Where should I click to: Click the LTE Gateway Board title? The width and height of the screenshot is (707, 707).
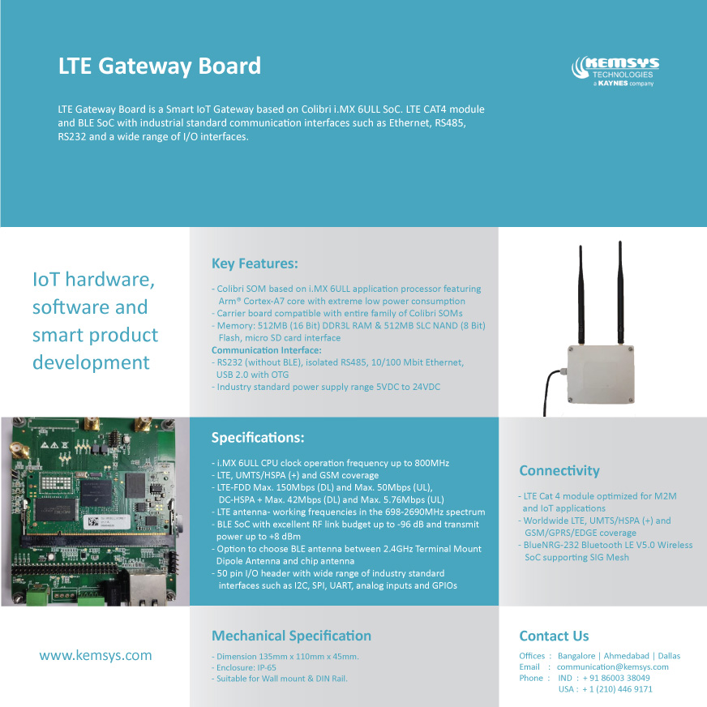(x=160, y=66)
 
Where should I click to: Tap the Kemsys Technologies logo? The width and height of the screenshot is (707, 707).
(x=615, y=71)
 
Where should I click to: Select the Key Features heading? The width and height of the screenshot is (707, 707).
(x=255, y=264)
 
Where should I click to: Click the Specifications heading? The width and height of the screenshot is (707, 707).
(x=258, y=438)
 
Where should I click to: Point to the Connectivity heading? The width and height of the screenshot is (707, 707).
(x=559, y=471)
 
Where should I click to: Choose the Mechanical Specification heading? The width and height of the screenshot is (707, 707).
(x=291, y=636)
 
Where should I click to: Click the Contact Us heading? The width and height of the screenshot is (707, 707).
(x=554, y=636)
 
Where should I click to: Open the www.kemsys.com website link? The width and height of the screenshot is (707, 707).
(x=96, y=655)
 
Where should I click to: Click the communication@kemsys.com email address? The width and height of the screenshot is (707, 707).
(x=613, y=667)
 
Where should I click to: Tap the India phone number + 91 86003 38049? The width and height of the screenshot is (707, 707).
(x=616, y=678)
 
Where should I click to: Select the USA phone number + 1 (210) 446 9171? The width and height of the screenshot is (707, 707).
(x=617, y=689)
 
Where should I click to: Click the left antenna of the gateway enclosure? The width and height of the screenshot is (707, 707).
(x=581, y=295)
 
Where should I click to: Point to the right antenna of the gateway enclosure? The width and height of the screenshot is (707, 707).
(x=620, y=293)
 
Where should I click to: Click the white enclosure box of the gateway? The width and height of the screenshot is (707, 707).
(x=601, y=375)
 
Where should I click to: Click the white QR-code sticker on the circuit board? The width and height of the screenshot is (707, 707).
(x=107, y=522)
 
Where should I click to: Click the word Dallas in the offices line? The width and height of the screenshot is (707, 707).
(x=669, y=656)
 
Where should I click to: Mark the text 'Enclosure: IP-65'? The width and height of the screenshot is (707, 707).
(x=246, y=668)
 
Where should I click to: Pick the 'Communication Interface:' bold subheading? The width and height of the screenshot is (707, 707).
(x=267, y=350)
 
